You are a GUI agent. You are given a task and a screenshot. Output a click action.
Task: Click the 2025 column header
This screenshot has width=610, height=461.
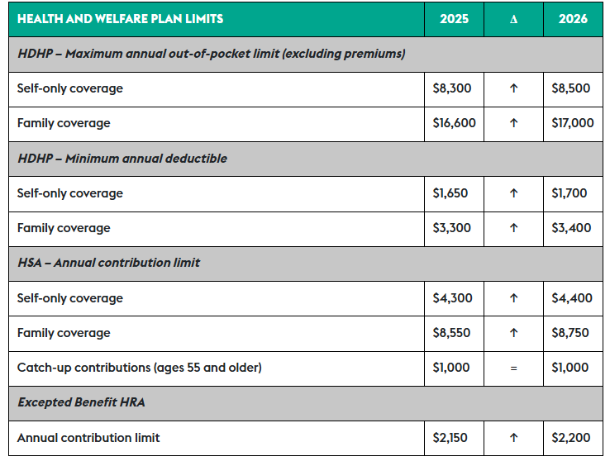tap(454, 18)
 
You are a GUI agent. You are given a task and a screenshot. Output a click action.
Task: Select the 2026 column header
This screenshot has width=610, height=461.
tap(573, 18)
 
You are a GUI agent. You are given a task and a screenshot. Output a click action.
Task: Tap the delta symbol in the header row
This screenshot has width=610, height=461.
tap(513, 19)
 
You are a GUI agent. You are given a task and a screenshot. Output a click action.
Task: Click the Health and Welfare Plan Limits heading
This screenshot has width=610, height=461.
tap(120, 18)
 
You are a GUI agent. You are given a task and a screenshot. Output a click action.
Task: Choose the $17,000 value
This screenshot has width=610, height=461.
tap(572, 123)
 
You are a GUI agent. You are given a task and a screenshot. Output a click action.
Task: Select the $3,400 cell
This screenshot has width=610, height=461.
tap(571, 228)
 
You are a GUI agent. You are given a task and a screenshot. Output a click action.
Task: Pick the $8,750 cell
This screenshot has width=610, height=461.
tap(571, 333)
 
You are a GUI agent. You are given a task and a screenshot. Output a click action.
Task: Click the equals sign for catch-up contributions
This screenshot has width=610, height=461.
tap(513, 368)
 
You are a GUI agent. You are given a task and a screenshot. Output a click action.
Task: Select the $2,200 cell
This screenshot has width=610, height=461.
tap(571, 438)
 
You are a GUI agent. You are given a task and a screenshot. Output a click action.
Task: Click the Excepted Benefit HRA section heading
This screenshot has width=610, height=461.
tap(82, 403)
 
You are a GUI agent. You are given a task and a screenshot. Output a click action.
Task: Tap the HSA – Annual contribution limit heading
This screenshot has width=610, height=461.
tap(108, 263)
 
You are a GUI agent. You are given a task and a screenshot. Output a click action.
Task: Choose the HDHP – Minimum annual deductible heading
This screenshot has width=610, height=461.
tap(122, 158)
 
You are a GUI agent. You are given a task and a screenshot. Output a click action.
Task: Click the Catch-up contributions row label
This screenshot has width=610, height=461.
tap(139, 368)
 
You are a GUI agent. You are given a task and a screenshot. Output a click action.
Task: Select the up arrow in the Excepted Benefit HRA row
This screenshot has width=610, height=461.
tap(513, 438)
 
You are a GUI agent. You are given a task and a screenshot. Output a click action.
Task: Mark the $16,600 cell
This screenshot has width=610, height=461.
tap(454, 123)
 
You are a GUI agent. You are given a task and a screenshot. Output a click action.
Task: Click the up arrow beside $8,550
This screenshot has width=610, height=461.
tap(513, 333)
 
